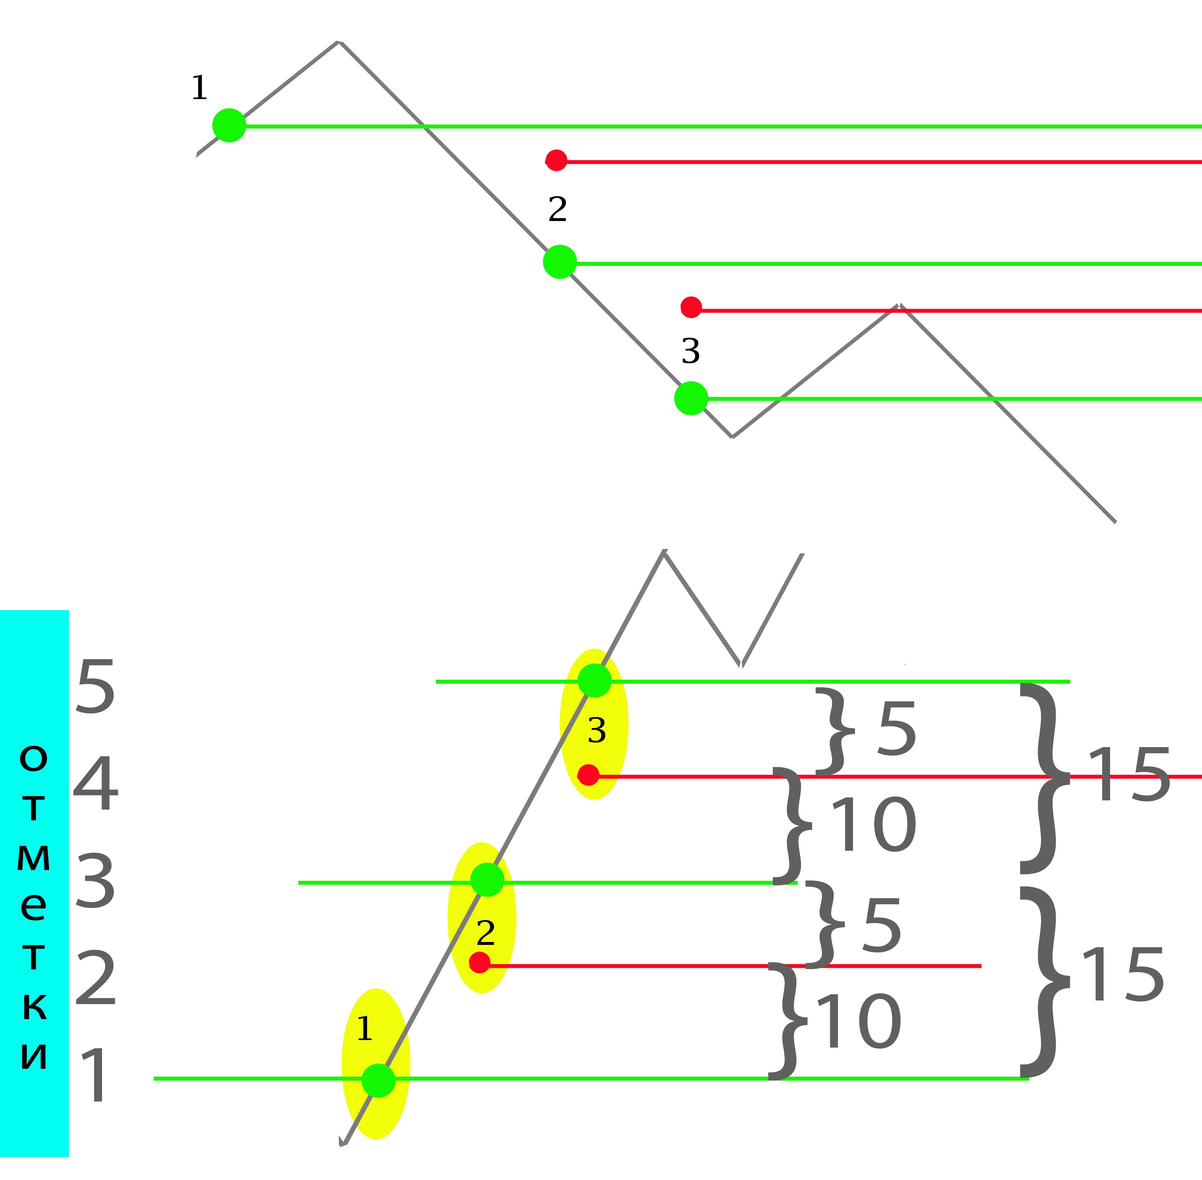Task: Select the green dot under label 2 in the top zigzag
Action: tap(560, 262)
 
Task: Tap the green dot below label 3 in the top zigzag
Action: tap(691, 398)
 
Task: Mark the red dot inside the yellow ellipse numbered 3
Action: tap(588, 775)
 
